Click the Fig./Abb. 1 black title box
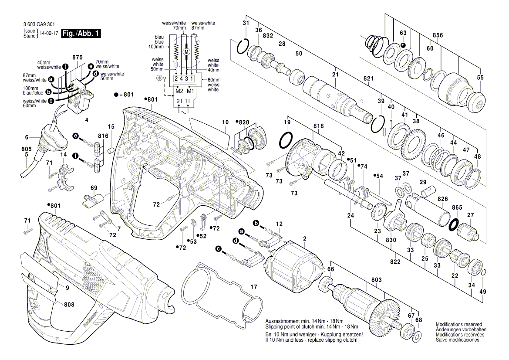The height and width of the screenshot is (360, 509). point(81,34)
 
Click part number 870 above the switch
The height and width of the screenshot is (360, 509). point(78,58)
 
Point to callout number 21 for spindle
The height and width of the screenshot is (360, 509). point(335,75)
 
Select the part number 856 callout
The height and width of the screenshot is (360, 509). point(438,35)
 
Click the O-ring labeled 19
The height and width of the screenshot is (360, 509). point(286,141)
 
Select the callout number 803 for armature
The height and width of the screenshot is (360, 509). point(376,280)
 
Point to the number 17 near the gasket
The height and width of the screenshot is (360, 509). point(253,287)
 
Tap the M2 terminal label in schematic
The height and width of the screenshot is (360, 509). point(179,91)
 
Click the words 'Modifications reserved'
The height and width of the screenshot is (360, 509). point(458,325)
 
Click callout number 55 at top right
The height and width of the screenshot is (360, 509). point(480,78)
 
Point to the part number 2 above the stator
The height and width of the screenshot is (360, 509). point(304,238)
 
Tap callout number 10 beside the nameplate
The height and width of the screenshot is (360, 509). point(225,123)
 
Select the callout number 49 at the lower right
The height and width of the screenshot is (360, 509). point(482,292)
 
